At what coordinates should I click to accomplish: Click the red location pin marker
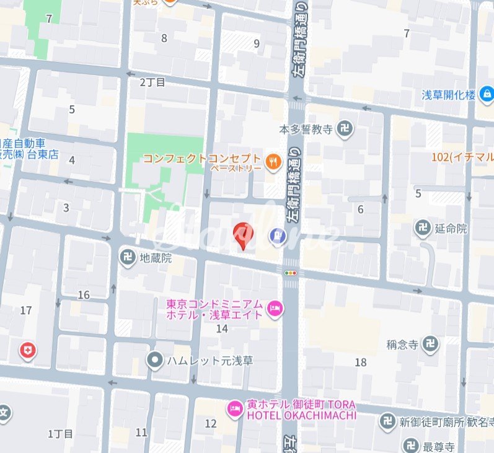(242, 235)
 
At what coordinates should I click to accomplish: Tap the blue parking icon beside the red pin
(276, 235)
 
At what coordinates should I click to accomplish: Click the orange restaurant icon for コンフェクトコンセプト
(272, 162)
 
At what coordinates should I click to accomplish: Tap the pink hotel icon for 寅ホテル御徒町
(235, 407)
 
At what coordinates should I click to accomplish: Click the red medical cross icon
(27, 351)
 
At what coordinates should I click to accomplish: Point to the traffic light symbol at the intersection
(290, 272)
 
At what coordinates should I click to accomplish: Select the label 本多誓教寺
(306, 130)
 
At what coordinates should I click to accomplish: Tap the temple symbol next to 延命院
(423, 228)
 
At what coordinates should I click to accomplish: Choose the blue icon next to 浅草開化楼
(487, 94)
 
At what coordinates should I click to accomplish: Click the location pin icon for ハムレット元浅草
(155, 359)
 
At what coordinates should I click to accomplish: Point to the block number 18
(360, 363)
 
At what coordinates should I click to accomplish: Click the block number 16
(84, 295)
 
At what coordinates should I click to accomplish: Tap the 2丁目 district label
(152, 82)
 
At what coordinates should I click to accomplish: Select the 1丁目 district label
(60, 434)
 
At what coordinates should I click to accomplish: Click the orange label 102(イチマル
(462, 157)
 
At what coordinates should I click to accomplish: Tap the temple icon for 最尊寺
(410, 445)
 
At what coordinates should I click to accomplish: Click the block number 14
(222, 328)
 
